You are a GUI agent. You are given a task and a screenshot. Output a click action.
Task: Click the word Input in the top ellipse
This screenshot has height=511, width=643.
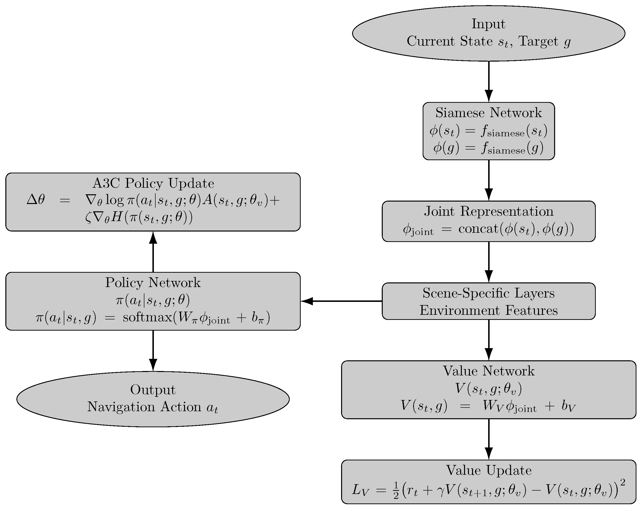point(488,24)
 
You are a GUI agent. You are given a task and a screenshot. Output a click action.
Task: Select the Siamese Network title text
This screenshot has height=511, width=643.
point(488,113)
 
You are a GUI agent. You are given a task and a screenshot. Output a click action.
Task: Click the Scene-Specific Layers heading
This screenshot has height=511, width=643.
point(488,293)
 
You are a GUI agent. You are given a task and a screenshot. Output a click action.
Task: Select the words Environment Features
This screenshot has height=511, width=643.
point(488,310)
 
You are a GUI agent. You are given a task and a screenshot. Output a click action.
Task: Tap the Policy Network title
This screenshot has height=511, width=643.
point(153,283)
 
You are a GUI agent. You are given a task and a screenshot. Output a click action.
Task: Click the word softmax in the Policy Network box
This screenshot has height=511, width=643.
point(147,317)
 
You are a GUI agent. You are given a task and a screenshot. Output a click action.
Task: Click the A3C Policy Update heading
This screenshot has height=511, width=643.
point(153,183)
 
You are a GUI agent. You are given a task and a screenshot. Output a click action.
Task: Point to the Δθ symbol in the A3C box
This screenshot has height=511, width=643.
point(36,199)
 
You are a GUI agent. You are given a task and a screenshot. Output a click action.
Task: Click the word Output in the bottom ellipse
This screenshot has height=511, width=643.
point(153,390)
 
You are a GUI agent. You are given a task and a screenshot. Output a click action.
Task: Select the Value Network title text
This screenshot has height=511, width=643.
point(488,371)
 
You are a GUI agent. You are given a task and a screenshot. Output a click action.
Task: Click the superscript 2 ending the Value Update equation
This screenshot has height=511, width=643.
point(622,482)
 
